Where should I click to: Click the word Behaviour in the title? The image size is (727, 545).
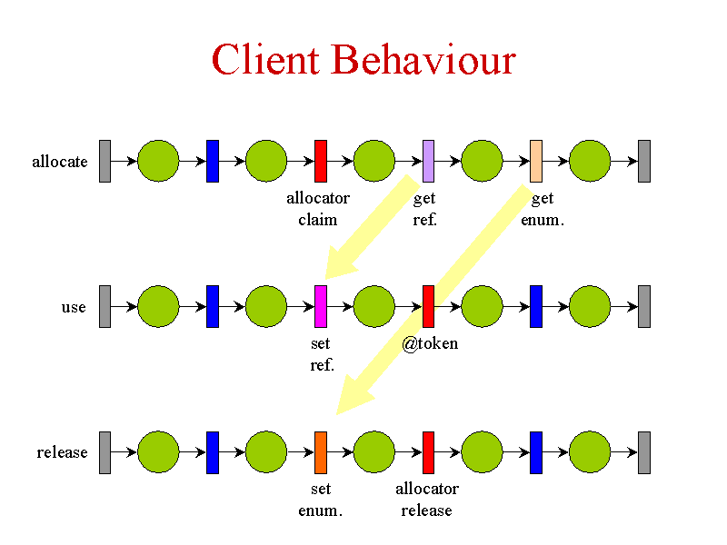423,59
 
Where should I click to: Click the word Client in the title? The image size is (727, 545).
265,59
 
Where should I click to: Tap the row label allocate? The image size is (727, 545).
60,162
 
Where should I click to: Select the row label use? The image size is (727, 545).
74,307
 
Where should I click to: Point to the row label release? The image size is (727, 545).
62,451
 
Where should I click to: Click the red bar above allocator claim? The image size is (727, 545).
321,162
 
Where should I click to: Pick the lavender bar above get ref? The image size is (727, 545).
428,162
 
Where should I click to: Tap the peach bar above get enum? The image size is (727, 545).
536,162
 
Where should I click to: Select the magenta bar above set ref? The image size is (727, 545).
321,307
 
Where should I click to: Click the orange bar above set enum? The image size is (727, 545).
321,452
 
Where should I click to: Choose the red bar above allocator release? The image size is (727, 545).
428,452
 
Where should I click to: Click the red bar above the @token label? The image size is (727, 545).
428,307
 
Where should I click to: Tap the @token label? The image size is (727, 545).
430,344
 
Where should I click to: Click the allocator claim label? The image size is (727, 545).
318,209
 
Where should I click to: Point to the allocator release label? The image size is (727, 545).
427,500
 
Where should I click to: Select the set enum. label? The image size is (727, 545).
321,500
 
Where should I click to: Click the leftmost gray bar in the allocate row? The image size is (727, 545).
105,162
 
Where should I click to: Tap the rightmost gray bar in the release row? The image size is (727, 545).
644,452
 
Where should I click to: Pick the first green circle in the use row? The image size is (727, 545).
158,307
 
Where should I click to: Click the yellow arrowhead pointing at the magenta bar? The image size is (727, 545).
338,264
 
